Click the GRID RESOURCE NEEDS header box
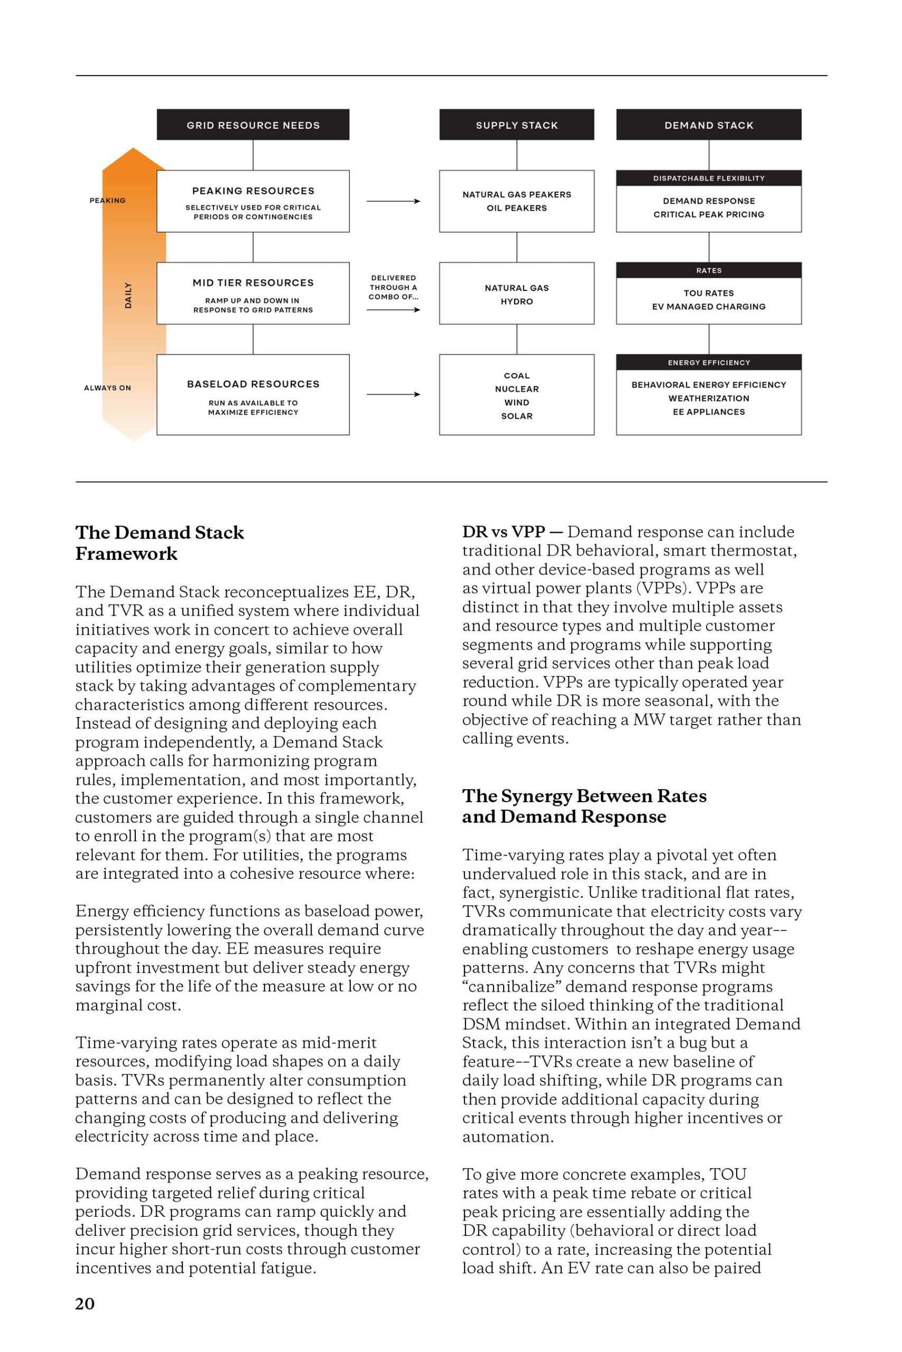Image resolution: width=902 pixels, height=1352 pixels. pos(253,125)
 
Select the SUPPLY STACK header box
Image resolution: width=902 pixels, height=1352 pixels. pos(516,125)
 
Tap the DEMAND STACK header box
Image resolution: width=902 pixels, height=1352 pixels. pos(708,125)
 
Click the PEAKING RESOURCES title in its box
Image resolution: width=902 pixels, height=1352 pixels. pos(253,191)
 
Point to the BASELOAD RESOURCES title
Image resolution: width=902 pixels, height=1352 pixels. pos(253,384)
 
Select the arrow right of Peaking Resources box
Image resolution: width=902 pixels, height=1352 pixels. pos(393,201)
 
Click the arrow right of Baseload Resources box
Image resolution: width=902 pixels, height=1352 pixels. pos(393,395)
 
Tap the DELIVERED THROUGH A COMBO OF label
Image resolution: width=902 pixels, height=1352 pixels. pos(393,287)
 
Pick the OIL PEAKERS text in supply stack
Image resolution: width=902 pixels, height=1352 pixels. pos(516,208)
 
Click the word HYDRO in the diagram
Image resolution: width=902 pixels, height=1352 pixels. pos(516,301)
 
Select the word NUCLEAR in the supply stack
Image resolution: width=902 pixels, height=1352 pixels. pos(516,389)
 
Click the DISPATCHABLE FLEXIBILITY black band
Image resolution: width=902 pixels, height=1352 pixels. pos(708,178)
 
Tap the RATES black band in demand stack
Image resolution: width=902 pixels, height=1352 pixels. pos(708,270)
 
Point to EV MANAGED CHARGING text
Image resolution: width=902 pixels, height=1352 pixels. pos(708,306)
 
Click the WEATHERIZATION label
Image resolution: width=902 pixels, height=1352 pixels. pos(708,398)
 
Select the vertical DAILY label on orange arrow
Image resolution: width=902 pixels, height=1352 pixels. pos(128,295)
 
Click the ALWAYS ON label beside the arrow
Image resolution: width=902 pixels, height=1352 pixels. pos(108,388)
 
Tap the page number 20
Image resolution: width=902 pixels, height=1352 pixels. pos(85,1304)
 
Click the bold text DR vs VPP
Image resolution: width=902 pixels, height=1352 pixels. pos(504,532)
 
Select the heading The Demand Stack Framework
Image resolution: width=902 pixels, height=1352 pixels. pos(160,542)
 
